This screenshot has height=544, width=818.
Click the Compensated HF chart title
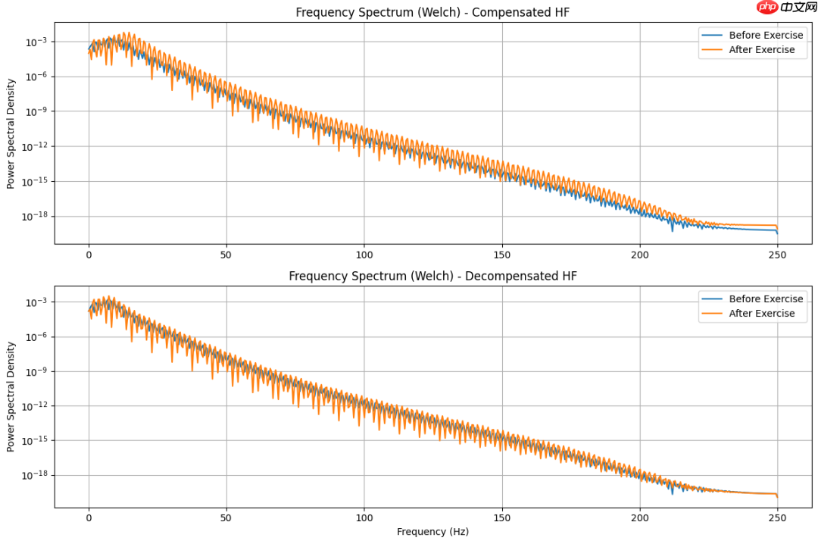point(432,12)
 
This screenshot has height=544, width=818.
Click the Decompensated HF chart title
point(432,276)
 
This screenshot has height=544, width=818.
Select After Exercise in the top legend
point(761,50)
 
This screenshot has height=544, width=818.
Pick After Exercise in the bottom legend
point(761,314)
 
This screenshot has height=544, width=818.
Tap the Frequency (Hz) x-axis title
point(432,531)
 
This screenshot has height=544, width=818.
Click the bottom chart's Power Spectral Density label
point(11,397)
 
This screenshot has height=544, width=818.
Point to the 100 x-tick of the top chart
point(364,255)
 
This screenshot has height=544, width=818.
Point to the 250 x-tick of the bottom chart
point(777,519)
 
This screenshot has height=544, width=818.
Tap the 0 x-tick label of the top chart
point(89,255)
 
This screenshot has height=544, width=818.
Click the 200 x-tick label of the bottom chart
point(640,519)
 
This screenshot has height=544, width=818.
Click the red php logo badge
point(766,8)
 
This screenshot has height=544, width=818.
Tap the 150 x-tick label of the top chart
point(502,255)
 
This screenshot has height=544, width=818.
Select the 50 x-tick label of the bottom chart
point(226,519)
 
